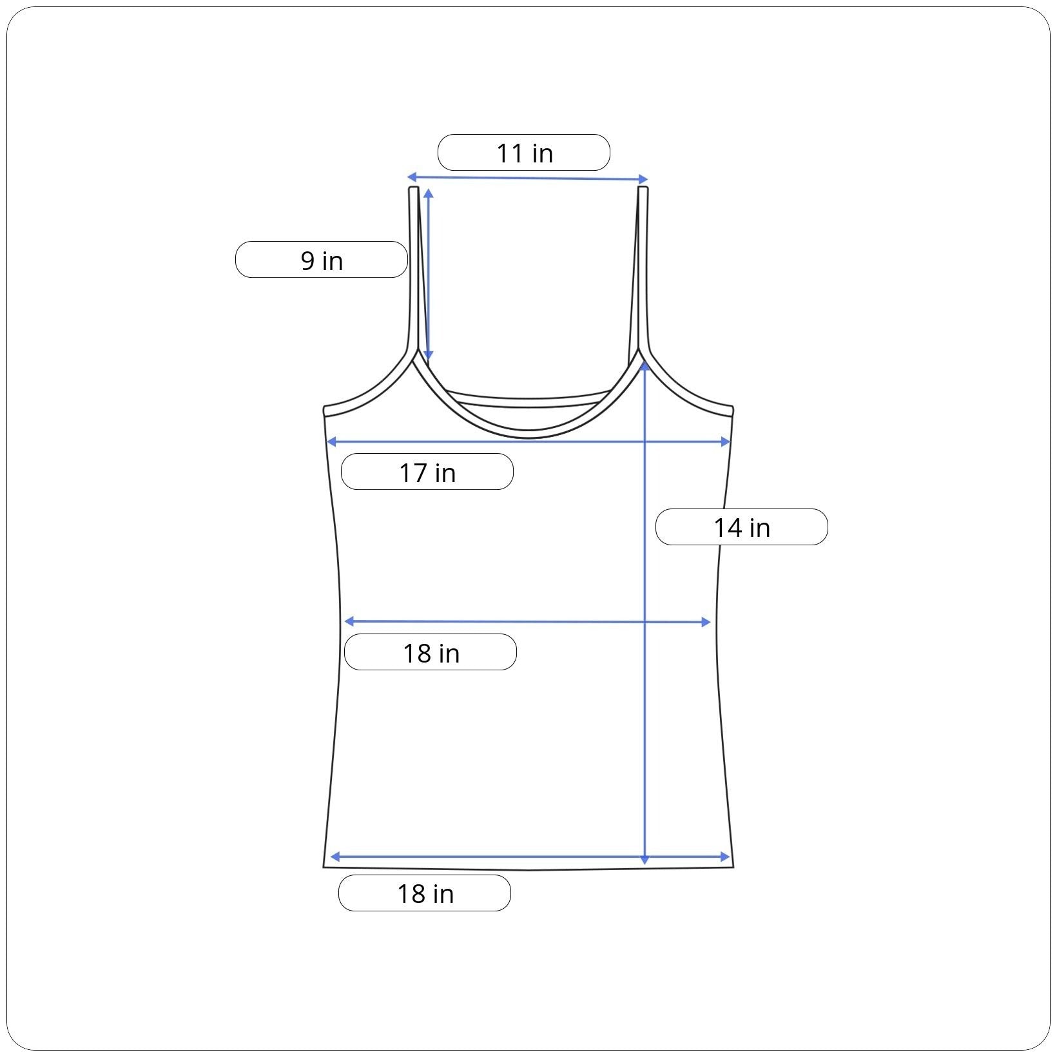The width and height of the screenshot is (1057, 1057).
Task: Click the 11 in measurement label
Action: (x=524, y=153)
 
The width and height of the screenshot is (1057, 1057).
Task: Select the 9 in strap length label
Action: (x=322, y=260)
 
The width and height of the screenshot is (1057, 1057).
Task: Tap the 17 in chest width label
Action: (x=427, y=472)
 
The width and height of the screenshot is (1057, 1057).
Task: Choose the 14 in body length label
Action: (x=742, y=527)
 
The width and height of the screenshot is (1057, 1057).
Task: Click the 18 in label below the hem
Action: (x=425, y=893)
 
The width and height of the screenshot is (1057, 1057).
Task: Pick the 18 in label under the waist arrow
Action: (x=431, y=652)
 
